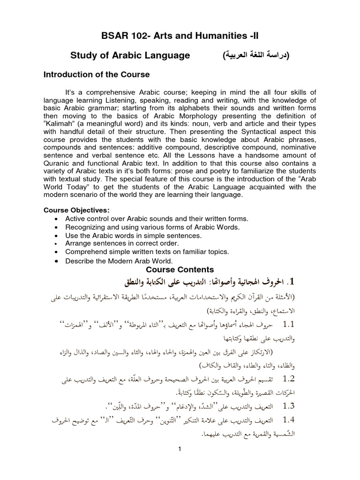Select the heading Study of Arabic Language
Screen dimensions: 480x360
(130, 56)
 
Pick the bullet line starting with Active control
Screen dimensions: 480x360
(157, 219)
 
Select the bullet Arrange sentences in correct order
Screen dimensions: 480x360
(122, 244)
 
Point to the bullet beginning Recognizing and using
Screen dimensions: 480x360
(152, 227)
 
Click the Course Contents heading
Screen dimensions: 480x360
(180, 270)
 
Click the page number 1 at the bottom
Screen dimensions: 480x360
(180, 449)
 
